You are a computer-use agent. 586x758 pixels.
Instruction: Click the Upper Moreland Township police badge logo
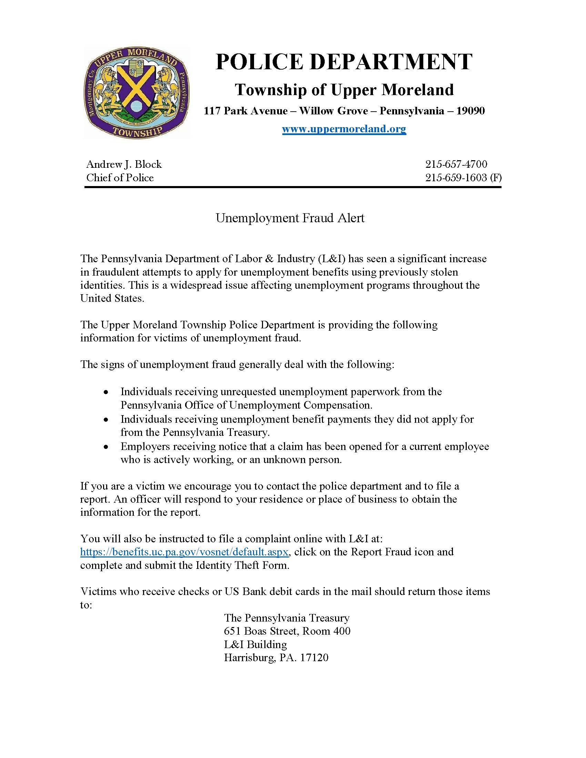coord(137,93)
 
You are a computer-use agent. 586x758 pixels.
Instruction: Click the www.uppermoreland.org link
coord(344,129)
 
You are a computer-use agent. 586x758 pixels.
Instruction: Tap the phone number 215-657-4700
coord(456,164)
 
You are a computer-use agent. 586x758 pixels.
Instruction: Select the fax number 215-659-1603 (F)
coord(463,178)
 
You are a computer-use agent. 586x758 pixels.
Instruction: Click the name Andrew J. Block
coord(124,164)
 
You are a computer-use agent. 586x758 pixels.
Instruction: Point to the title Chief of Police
coord(120,178)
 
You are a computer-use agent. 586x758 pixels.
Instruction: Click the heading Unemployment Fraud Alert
coord(290,218)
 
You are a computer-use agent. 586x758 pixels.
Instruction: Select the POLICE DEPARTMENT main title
coord(344,62)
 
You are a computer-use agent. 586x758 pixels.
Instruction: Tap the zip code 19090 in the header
coord(471,111)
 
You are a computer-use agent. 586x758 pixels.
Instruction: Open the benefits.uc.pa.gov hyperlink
coord(184,552)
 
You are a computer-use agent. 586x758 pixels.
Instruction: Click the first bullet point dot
coord(107,392)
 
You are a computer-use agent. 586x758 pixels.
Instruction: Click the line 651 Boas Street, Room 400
coord(287,631)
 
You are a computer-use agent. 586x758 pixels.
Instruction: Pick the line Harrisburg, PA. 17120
coord(276,658)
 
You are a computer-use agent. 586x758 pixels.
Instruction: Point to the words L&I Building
coord(255,645)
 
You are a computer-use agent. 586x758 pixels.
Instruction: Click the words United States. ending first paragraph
coord(112,298)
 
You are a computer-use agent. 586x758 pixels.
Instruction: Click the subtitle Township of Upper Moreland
coord(344,90)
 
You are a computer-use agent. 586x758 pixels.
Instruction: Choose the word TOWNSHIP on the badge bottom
coord(138,131)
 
